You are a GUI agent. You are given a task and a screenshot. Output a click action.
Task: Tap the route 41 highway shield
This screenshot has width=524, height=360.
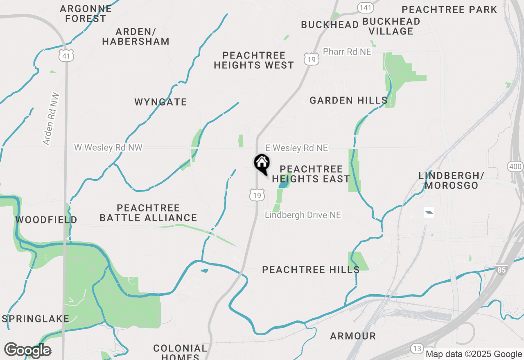tap(66, 56)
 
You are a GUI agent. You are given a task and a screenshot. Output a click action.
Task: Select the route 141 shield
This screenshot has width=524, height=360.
tap(364, 7)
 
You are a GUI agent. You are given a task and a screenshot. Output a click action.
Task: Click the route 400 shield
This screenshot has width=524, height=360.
tap(515, 166)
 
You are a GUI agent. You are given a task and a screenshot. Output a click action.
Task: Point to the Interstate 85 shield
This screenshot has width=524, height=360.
tap(501, 270)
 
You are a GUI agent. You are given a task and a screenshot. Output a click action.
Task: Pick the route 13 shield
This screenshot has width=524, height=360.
tap(417, 349)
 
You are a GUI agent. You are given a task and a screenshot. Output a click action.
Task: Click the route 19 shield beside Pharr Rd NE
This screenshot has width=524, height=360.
tap(311, 59)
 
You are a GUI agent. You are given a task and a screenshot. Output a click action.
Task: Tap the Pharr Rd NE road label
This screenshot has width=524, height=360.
tap(347, 52)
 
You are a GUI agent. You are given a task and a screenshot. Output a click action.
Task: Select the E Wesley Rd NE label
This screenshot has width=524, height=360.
tap(297, 148)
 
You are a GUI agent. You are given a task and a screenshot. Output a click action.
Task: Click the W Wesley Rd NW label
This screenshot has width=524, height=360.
tap(108, 147)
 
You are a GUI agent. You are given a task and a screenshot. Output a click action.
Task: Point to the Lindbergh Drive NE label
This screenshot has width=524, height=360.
tap(303, 215)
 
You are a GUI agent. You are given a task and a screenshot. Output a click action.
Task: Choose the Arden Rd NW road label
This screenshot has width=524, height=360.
tap(51, 119)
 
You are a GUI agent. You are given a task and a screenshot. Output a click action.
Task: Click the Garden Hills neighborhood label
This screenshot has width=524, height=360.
tap(348, 100)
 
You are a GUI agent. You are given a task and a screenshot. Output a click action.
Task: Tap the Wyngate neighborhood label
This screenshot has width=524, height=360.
tap(160, 102)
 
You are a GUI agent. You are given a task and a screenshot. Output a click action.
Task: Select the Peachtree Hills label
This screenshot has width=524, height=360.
tap(311, 270)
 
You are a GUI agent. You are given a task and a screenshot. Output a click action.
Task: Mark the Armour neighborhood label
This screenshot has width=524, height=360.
tap(353, 336)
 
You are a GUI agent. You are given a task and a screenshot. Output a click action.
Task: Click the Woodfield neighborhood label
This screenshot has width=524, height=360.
tap(46, 220)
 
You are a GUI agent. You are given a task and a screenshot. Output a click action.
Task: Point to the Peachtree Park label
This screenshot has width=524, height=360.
tap(449, 9)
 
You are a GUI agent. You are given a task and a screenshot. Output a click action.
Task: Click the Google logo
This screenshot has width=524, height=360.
tap(27, 350)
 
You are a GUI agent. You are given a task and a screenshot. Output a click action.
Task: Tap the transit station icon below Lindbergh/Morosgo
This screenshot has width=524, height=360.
tap(429, 212)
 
